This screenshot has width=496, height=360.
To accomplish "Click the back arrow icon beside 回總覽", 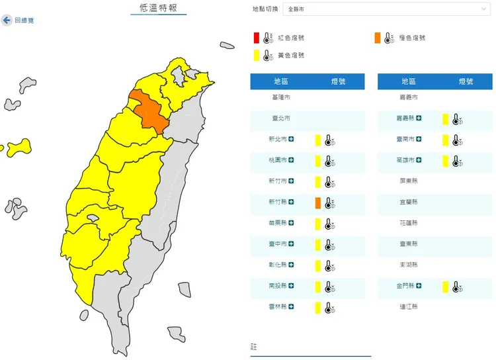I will (7, 21).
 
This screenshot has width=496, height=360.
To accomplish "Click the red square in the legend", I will (256, 38).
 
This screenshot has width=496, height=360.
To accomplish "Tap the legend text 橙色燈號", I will (412, 38).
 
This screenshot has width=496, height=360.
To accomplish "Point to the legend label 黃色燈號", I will (291, 56).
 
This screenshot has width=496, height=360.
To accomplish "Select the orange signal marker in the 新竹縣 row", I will (318, 202).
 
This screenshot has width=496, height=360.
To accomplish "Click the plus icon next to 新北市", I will (292, 140).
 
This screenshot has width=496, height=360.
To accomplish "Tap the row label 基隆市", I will (281, 97).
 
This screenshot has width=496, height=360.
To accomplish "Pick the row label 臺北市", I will (281, 118).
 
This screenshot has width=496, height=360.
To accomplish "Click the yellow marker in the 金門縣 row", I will (446, 287).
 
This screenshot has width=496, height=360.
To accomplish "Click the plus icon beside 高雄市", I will (419, 160).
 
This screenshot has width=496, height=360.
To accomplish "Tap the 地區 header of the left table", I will (281, 81).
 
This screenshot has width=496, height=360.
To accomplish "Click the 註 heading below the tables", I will (253, 346).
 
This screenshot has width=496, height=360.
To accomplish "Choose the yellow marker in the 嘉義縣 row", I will (446, 119).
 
